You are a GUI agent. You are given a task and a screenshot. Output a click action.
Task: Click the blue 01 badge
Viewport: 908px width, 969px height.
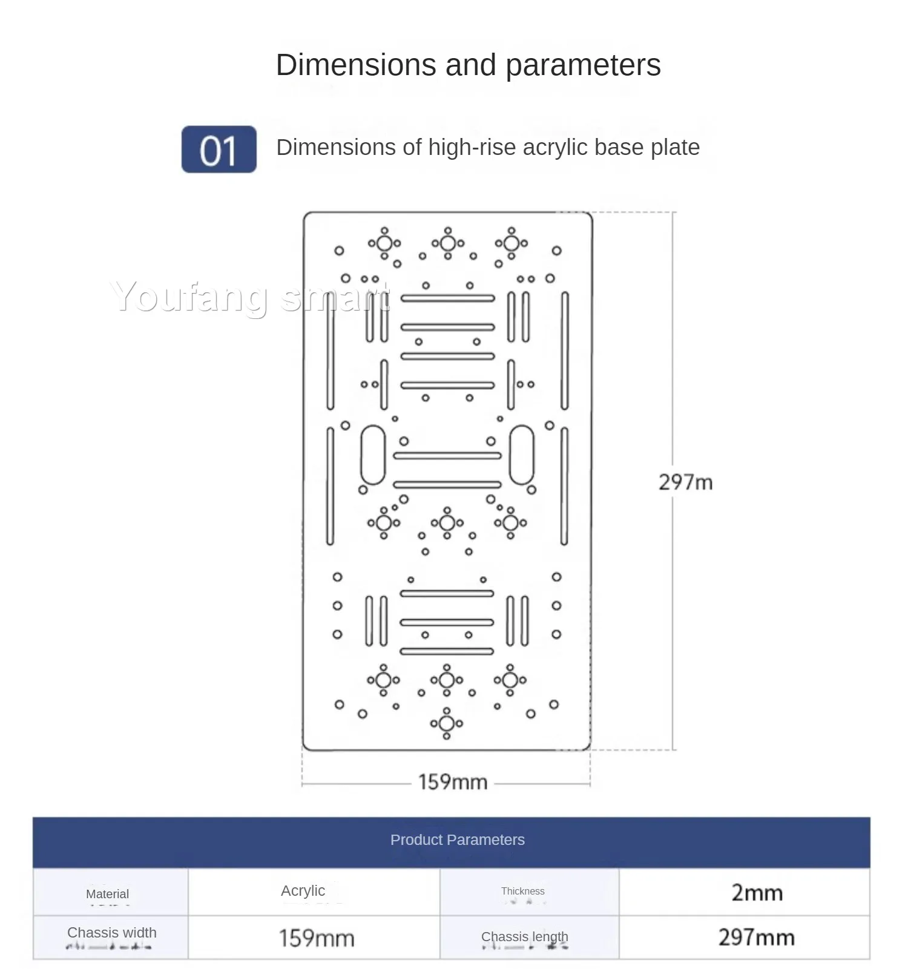point(219,149)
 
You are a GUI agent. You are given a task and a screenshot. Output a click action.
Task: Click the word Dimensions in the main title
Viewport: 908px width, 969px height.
point(355,65)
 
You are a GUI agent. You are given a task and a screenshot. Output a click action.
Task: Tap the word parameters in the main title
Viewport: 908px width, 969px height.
point(583,65)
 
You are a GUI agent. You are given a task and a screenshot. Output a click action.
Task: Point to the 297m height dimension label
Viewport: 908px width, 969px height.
point(685,482)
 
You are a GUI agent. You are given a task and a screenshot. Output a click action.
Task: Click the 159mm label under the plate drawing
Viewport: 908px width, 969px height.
point(453,782)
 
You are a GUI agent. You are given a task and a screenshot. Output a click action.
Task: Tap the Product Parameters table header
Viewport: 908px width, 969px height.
point(457,840)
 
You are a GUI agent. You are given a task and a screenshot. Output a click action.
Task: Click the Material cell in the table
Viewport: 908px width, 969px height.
point(108,893)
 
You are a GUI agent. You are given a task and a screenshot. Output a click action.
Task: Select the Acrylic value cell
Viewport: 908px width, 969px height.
point(303,891)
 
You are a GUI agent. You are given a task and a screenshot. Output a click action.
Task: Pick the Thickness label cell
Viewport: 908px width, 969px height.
point(522,891)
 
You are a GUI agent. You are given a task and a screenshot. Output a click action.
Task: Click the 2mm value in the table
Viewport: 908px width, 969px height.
point(757,893)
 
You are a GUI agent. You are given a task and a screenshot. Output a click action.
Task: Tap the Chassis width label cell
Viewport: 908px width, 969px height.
point(112,933)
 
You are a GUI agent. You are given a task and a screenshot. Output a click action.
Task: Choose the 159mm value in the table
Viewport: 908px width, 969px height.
point(316,938)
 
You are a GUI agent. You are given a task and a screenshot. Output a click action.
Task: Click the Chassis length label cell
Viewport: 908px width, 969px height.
point(525,937)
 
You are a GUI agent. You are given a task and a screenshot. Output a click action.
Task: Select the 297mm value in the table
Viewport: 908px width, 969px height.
point(756,938)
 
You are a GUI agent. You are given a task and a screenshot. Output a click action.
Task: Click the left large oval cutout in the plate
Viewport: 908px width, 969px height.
point(373,455)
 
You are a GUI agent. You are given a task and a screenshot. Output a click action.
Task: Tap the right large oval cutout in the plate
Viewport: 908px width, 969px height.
point(522,455)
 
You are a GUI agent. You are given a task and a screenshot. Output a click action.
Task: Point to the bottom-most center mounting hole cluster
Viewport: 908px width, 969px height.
point(447,723)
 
